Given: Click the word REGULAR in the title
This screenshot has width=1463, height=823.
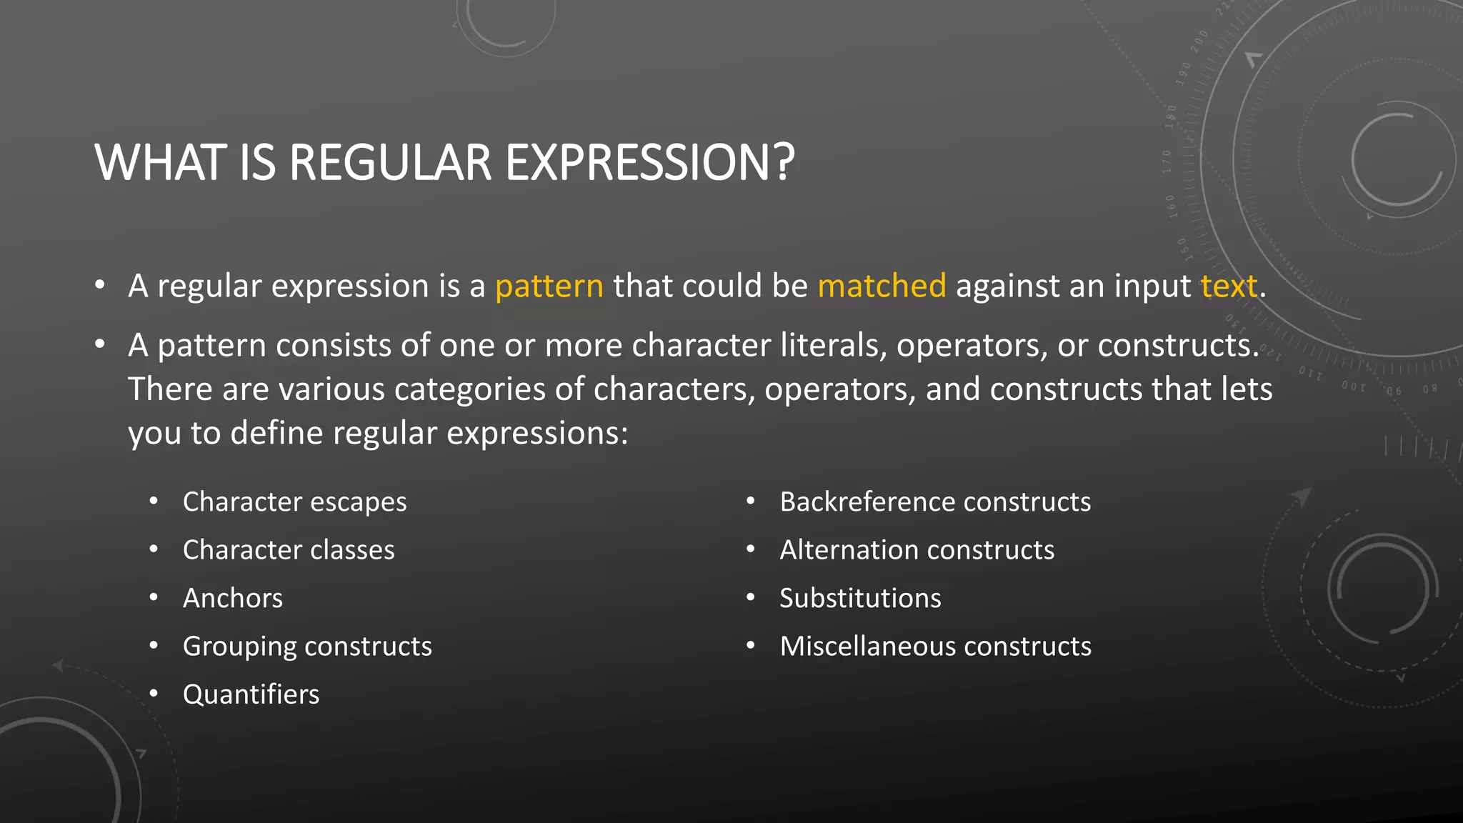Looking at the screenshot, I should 390,163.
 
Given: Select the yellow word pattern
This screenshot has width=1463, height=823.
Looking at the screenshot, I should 549,286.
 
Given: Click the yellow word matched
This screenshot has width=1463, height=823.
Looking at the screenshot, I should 882,286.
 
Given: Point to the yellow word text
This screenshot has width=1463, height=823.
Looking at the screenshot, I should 1228,286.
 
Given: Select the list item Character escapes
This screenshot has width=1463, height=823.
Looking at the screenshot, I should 294,502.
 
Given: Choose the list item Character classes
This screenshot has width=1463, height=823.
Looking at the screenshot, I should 289,550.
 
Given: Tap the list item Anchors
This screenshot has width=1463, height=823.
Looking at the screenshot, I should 233,598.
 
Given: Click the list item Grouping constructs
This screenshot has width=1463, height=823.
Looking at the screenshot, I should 307,647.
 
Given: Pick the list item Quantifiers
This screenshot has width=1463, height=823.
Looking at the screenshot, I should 251,694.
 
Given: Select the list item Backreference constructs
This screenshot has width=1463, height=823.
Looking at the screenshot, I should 935,502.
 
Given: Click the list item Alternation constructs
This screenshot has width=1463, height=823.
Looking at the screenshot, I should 917,550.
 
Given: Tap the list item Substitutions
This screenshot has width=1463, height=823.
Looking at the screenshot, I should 860,598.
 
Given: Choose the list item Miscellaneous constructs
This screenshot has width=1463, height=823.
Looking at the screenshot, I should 935,647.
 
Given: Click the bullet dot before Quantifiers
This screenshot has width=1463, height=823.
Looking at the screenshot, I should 154,694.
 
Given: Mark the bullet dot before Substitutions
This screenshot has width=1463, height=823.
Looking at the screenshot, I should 750,597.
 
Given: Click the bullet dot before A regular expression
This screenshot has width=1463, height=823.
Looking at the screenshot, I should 100,286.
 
